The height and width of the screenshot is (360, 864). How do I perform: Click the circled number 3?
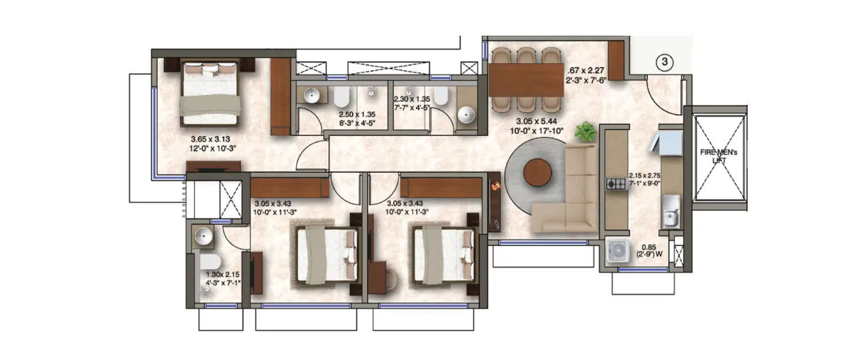(664, 62)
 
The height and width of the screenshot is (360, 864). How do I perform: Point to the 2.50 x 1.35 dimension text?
(358, 118)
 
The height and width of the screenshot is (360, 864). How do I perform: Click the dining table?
(526, 79)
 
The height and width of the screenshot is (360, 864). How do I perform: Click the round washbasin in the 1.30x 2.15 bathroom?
(204, 236)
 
